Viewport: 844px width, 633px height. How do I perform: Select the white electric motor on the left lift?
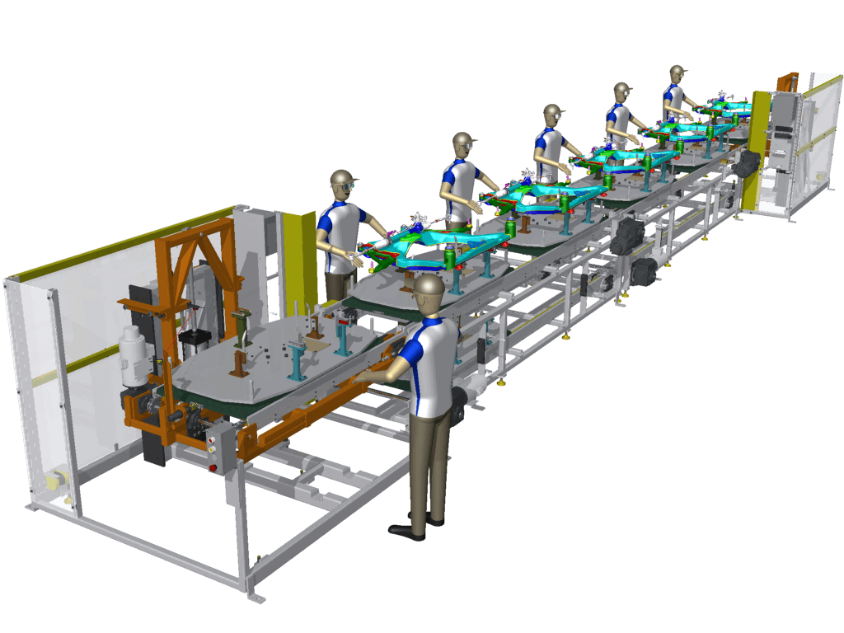(133, 354)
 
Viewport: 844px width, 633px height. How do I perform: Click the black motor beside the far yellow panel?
(743, 165)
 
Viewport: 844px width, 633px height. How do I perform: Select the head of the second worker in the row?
(464, 147)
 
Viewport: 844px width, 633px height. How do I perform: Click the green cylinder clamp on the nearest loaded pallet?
(451, 259)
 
